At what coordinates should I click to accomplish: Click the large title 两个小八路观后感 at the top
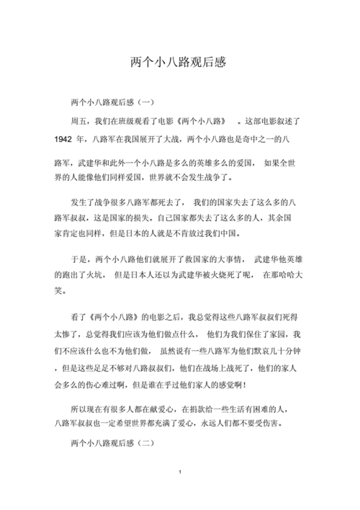(x=179, y=63)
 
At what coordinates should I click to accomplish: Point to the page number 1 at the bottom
(x=179, y=471)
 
